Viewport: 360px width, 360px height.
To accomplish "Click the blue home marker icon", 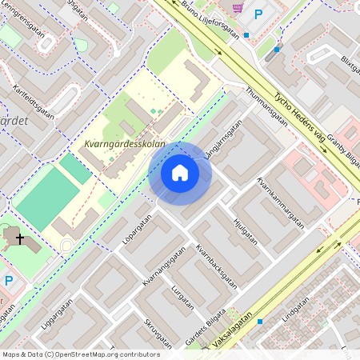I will [x=180, y=173].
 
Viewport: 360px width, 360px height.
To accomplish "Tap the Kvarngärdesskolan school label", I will [x=124, y=144].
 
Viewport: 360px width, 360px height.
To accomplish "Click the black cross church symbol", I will [x=20, y=238].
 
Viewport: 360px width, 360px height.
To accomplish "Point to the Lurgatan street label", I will [x=182, y=294].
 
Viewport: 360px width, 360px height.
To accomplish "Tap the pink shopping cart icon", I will [x=238, y=7].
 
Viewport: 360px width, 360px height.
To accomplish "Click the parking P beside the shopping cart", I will [x=258, y=14].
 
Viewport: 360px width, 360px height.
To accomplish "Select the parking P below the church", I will [x=9, y=281].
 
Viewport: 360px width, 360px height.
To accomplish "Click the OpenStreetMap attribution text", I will [x=81, y=354].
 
